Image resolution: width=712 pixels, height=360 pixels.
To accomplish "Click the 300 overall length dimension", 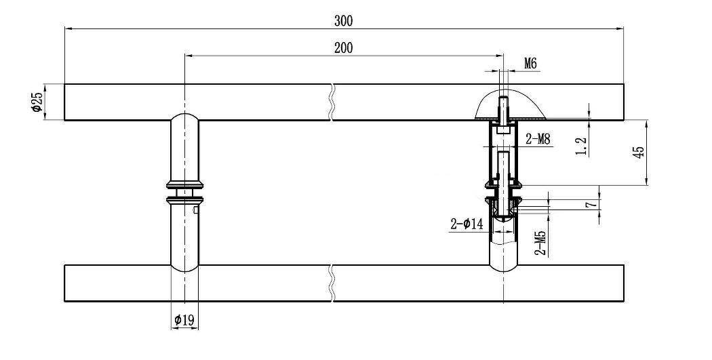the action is (x=343, y=21).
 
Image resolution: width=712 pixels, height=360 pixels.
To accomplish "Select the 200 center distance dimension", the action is (x=343, y=48).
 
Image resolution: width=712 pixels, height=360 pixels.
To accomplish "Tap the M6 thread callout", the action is (x=530, y=64).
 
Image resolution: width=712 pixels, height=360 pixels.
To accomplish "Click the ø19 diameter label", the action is (x=184, y=321).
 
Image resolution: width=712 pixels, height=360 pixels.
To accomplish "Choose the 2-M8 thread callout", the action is (x=538, y=139).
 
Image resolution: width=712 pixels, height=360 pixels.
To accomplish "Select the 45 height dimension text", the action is (x=639, y=152).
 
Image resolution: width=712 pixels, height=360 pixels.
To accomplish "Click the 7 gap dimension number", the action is (x=591, y=204).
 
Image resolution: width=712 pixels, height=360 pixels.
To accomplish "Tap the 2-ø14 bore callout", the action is (x=467, y=224).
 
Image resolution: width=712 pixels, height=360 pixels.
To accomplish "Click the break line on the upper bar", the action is (x=333, y=102).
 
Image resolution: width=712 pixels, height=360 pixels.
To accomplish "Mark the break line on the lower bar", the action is (x=333, y=283).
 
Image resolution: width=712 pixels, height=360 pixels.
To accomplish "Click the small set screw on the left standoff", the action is (x=195, y=209).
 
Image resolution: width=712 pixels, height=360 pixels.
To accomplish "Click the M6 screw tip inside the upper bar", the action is (x=503, y=99).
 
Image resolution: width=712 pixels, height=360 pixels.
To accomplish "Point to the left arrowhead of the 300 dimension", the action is (x=68, y=28).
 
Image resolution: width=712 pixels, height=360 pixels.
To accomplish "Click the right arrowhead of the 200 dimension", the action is (x=500, y=56).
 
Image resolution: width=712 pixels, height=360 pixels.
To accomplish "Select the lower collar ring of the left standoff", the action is (x=185, y=199).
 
